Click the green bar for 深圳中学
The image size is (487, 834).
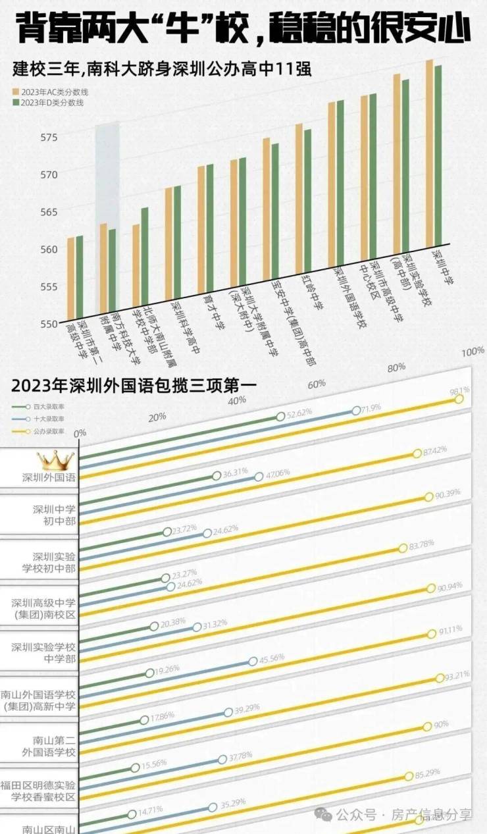pos(438,154)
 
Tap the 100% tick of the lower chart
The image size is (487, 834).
pos(472,353)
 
